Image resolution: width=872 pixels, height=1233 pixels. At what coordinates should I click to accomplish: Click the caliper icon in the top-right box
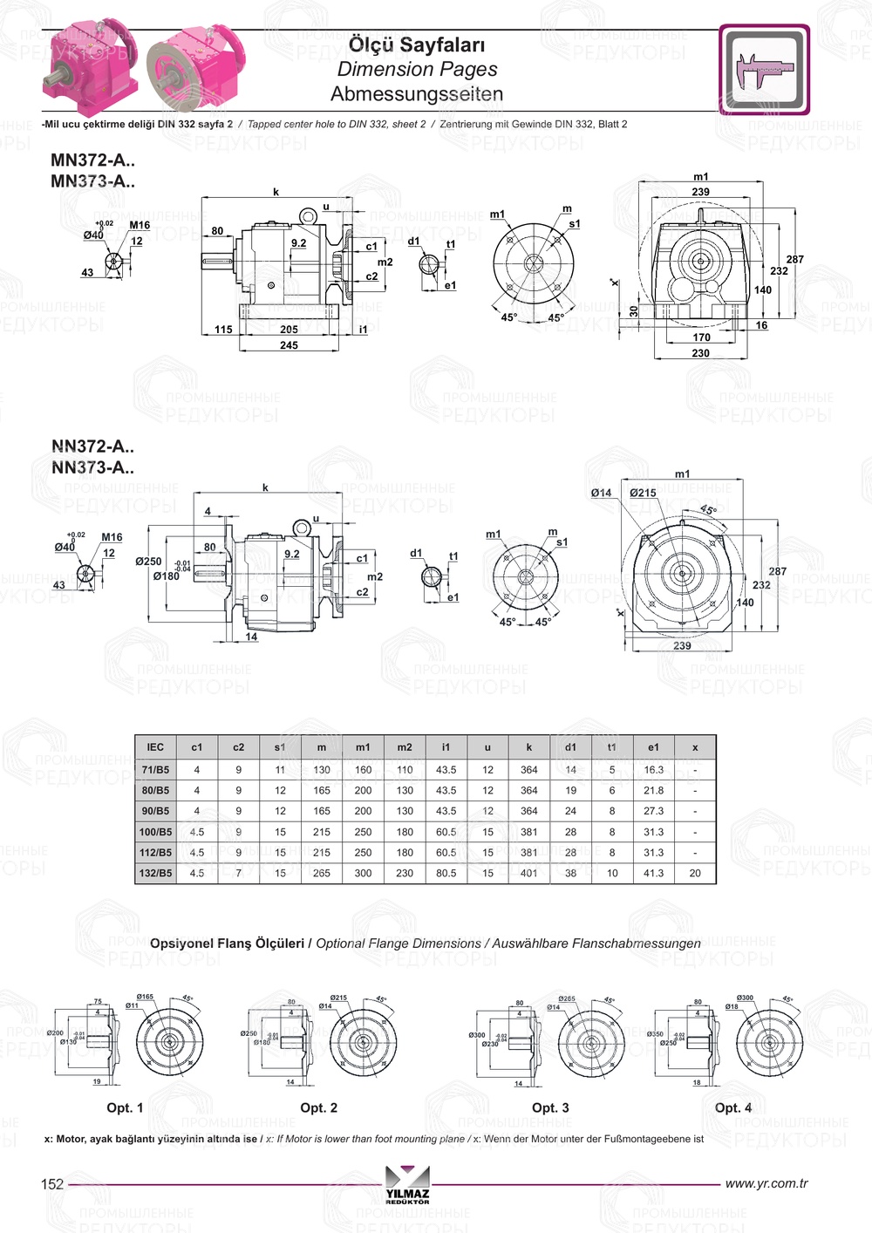tap(764, 70)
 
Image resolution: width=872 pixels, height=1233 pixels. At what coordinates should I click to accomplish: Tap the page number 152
tap(52, 1183)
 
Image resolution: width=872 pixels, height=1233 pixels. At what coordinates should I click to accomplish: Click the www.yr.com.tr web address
tap(766, 1183)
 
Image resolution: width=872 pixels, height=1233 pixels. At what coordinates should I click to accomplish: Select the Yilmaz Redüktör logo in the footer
tap(407, 1185)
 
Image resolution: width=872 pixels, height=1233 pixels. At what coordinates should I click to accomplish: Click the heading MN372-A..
tap(92, 160)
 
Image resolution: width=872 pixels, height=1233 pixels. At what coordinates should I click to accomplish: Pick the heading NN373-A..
tap(92, 467)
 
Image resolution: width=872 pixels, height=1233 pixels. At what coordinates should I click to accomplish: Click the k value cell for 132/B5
tap(528, 873)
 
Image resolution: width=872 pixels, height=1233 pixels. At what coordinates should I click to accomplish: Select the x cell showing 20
tap(695, 873)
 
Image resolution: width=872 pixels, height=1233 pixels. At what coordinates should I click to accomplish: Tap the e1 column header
tap(653, 747)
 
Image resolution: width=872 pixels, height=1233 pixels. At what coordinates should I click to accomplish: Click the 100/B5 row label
tap(155, 832)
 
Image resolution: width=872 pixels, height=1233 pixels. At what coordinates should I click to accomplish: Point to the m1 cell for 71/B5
tap(363, 770)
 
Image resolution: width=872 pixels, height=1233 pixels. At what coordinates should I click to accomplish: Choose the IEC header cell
tap(155, 747)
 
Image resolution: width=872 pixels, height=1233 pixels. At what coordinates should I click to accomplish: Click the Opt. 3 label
tap(550, 1107)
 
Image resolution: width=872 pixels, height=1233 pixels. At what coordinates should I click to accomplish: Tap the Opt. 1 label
tap(125, 1107)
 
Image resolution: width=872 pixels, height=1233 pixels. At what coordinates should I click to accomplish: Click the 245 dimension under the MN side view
tap(289, 345)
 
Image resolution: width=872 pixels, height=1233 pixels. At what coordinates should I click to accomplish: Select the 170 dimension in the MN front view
tap(701, 337)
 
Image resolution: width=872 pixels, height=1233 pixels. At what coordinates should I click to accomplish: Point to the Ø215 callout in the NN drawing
tap(643, 493)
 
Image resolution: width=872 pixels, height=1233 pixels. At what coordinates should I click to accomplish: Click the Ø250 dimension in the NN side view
tap(148, 562)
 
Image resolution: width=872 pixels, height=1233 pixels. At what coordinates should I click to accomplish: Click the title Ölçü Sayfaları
tap(417, 44)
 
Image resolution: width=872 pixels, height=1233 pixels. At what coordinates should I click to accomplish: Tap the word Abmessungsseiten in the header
tap(417, 94)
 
